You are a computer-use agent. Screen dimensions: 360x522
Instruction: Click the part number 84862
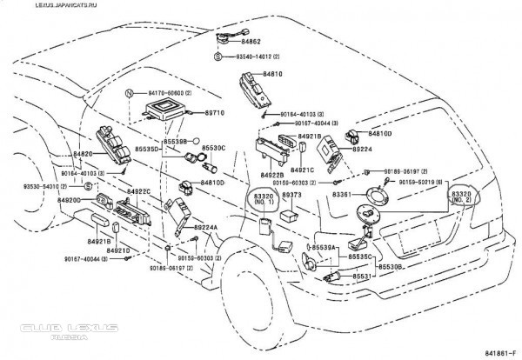coord(251,41)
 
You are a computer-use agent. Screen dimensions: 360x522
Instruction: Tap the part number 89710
coord(214,113)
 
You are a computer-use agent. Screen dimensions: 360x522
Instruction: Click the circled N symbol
coord(128,91)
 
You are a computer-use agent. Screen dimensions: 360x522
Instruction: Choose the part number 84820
coord(83,154)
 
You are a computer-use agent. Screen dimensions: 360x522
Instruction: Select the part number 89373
coord(291,196)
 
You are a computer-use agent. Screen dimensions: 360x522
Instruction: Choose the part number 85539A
coord(324,248)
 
